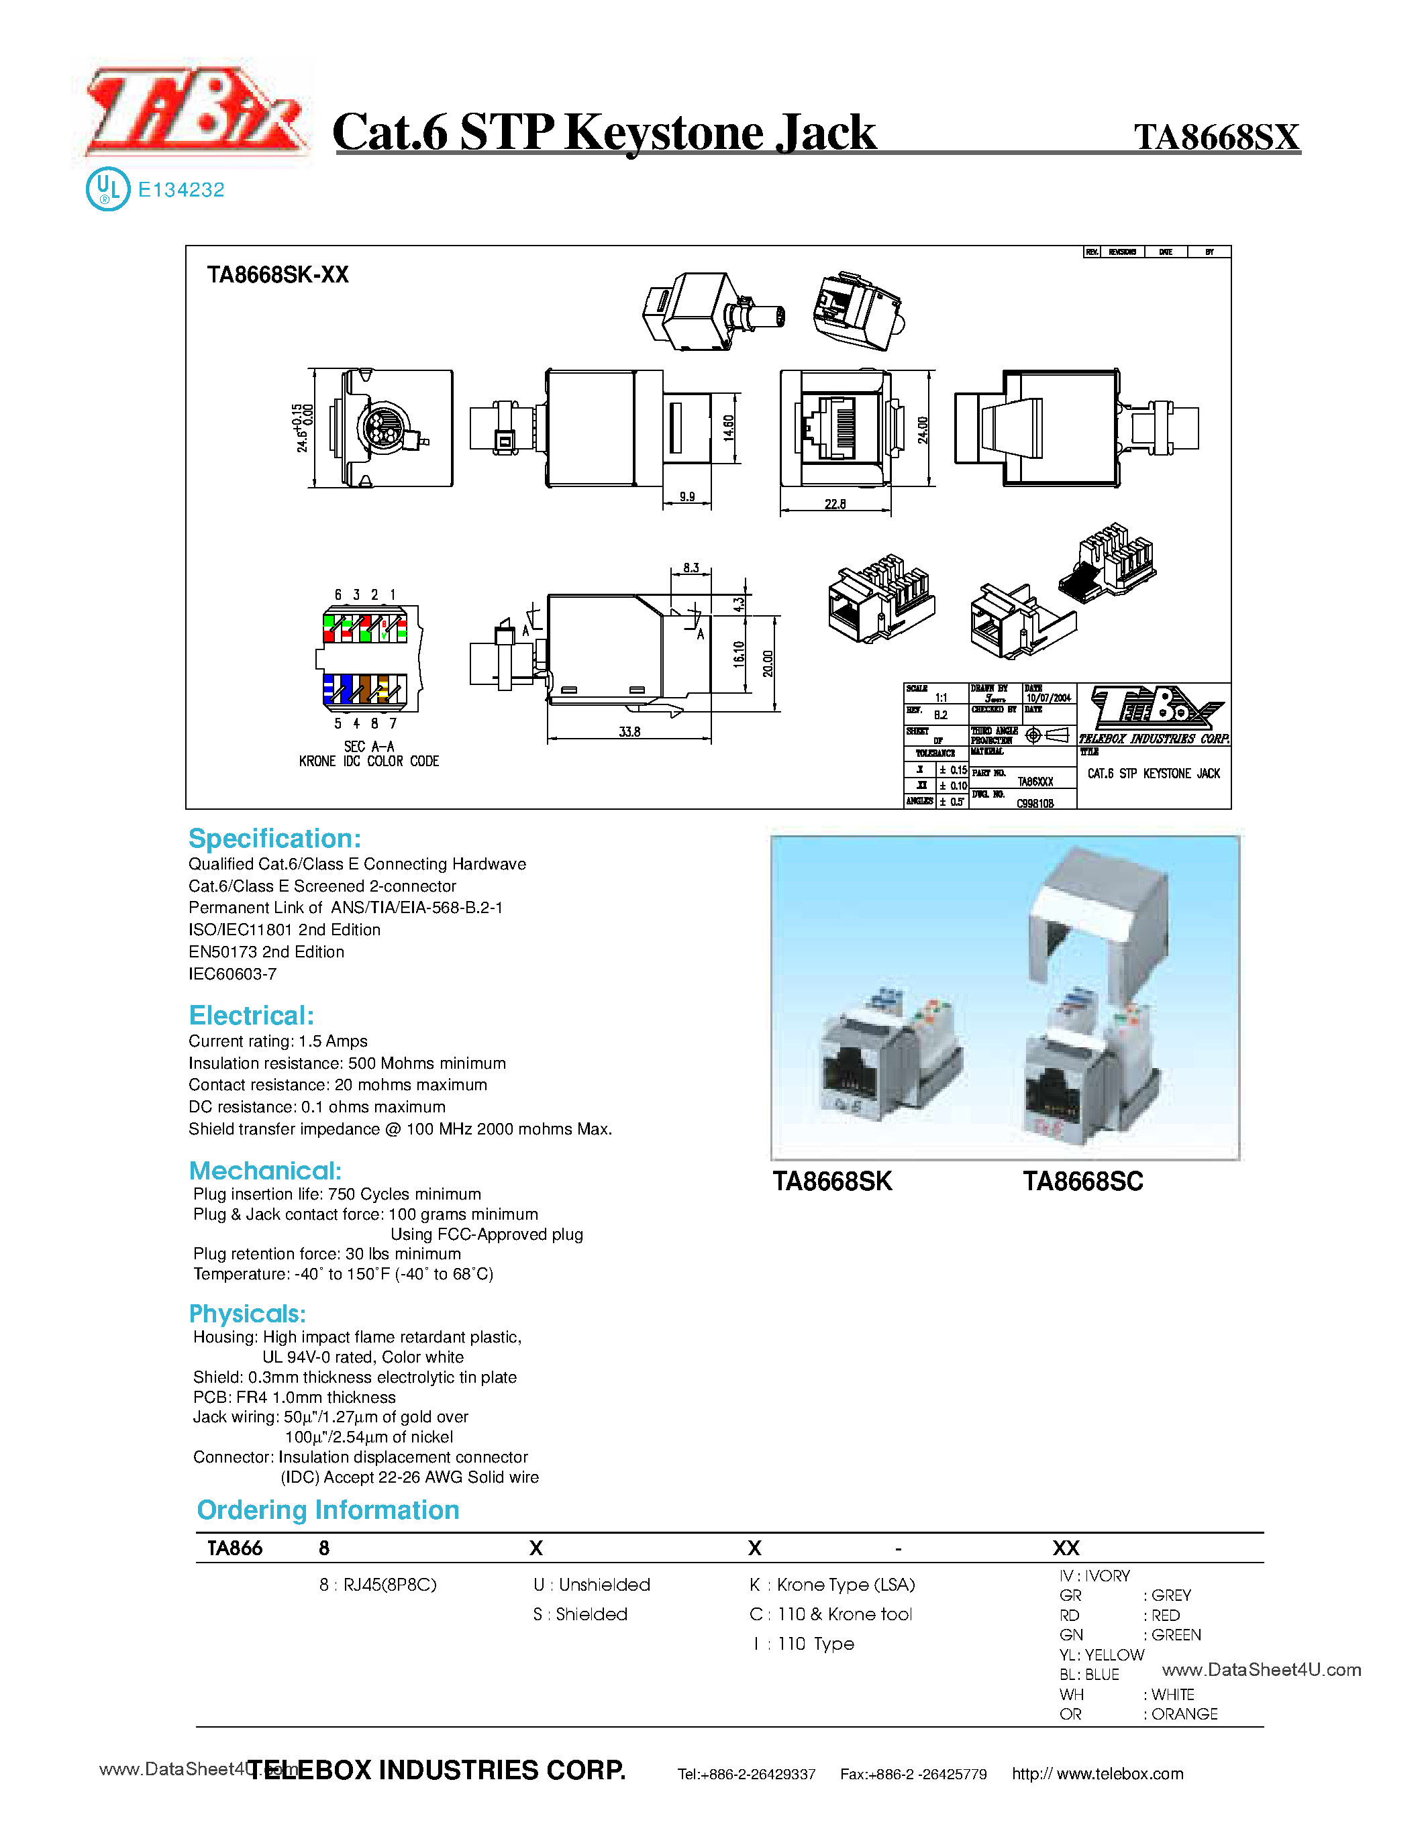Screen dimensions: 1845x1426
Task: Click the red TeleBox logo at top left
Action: tap(196, 114)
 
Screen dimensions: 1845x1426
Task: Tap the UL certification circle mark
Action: tap(107, 189)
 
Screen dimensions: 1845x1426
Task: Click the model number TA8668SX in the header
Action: tap(1216, 137)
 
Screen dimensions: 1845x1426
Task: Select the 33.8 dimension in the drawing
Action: tap(629, 731)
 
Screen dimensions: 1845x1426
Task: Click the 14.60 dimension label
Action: tap(728, 428)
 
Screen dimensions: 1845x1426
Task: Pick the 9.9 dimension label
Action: tap(686, 496)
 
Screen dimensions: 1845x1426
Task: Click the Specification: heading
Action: tap(274, 838)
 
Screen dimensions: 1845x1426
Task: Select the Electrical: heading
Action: tap(251, 1016)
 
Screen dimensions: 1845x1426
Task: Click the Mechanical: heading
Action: tap(265, 1170)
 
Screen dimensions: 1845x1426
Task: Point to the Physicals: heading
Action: tap(247, 1314)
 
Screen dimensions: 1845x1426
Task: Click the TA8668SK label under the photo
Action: tap(832, 1181)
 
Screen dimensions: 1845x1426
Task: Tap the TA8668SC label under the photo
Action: tap(1083, 1181)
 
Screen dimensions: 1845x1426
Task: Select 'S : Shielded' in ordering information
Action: tap(580, 1614)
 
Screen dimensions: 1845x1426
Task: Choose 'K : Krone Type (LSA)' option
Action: tap(832, 1584)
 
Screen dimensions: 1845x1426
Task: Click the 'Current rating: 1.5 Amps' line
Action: tap(278, 1041)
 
